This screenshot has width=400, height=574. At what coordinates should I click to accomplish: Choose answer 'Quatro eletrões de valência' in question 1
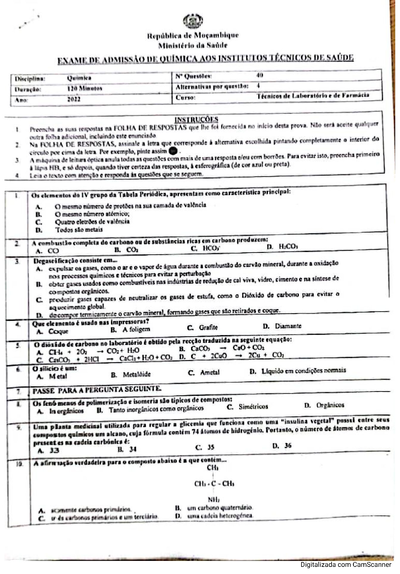pos(92,222)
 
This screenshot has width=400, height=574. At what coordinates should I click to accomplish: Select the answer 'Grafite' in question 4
pos(208,327)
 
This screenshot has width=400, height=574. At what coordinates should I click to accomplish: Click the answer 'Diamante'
pos(288,326)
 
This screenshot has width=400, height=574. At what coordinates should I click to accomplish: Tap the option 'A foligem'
pos(136,329)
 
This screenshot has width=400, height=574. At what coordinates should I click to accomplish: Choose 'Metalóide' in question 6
pos(137,374)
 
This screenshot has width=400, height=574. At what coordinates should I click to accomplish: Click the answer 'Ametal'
pos(210,372)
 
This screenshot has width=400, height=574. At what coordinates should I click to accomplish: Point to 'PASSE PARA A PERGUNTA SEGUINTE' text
pos(97,389)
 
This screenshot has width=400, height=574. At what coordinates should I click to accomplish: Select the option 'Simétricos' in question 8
pos(253,406)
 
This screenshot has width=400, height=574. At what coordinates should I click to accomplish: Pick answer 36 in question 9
pos(287,446)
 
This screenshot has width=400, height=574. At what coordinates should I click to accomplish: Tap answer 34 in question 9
pos(132,449)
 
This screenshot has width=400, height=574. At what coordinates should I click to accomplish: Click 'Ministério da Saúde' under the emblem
pos(193,45)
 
